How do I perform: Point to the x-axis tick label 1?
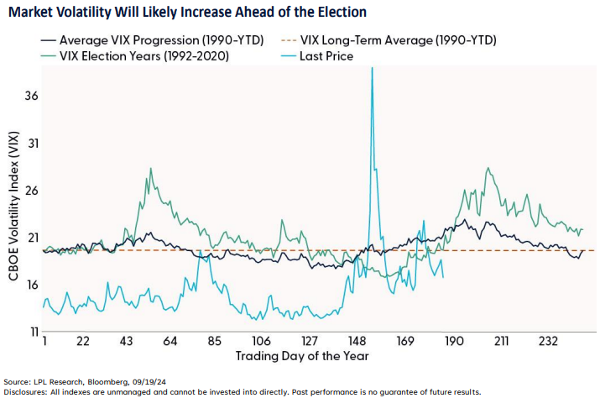(x=43, y=343)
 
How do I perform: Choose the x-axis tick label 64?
(x=170, y=343)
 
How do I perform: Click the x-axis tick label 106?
(x=260, y=343)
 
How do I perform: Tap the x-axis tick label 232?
(x=547, y=343)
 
